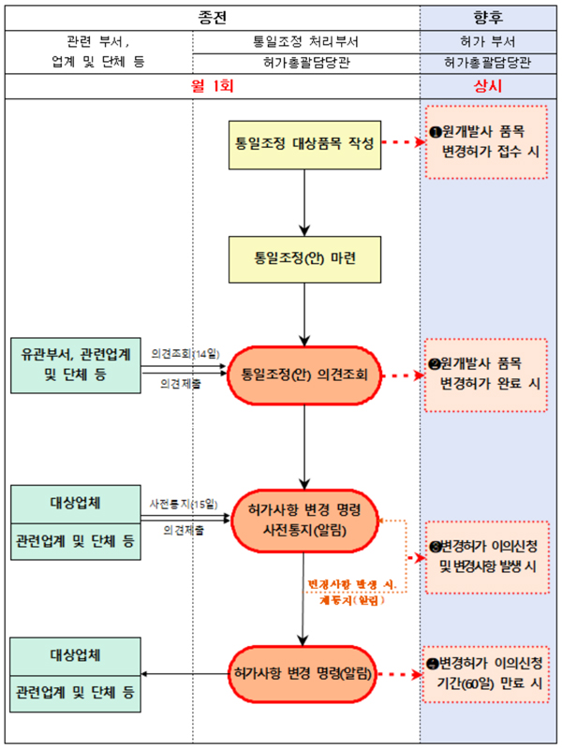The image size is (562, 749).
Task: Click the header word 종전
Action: click(x=213, y=16)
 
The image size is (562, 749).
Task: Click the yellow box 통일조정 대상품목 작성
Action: click(x=305, y=145)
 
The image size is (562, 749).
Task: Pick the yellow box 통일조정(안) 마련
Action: click(x=305, y=257)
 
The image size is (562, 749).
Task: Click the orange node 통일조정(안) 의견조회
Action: click(x=305, y=375)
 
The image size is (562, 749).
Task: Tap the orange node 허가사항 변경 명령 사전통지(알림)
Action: click(x=305, y=519)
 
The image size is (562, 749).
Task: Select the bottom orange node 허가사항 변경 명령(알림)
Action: click(x=305, y=673)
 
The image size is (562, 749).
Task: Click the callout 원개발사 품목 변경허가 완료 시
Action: click(x=486, y=374)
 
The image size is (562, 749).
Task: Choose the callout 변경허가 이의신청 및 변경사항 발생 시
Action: click(x=486, y=557)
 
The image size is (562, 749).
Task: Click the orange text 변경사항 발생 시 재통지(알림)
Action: click(x=351, y=592)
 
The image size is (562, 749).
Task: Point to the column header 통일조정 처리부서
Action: click(x=305, y=42)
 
